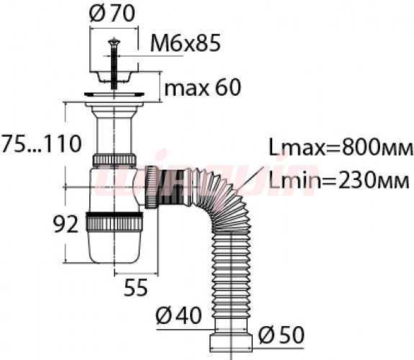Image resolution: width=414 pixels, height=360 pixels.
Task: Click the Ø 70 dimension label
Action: [112, 14]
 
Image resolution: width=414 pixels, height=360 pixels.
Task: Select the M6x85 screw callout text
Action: [185, 44]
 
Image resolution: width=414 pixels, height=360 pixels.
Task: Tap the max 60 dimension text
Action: [202, 88]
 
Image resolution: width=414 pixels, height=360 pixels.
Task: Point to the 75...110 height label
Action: [41, 144]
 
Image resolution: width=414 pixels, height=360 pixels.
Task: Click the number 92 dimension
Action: [66, 224]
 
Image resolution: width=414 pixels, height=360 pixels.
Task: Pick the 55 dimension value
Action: [136, 287]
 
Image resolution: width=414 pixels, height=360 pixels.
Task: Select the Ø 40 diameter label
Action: [179, 315]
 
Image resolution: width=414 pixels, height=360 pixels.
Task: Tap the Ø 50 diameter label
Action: [282, 336]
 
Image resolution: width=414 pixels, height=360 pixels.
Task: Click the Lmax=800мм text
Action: [341, 148]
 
